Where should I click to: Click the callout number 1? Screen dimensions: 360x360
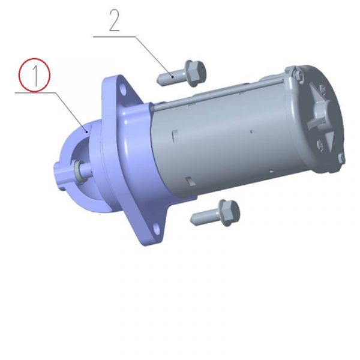pyautogui.click(x=35, y=76)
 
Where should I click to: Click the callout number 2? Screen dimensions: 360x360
pyautogui.click(x=115, y=20)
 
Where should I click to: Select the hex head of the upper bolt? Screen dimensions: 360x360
pyautogui.click(x=195, y=73)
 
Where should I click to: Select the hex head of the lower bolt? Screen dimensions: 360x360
pyautogui.click(x=229, y=213)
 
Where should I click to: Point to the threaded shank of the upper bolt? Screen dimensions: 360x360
pyautogui.click(x=171, y=78)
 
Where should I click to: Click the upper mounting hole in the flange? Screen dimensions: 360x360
pyautogui.click(x=123, y=90)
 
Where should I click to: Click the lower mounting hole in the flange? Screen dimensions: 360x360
pyautogui.click(x=157, y=229)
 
